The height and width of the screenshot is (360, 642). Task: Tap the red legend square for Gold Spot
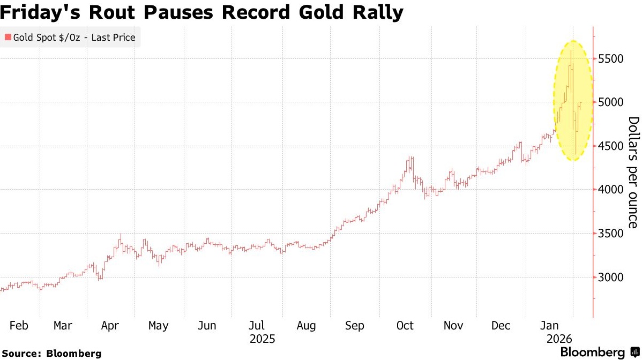8,37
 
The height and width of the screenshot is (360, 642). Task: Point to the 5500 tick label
611,58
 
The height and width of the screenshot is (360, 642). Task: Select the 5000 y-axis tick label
611,102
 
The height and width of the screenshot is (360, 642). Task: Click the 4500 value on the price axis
611,146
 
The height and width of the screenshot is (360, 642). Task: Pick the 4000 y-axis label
611,190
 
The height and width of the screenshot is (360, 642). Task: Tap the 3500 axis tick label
611,234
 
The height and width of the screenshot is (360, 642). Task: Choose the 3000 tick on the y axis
611,277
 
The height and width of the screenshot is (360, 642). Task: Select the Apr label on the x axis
110,326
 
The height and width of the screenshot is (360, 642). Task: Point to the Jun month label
207,326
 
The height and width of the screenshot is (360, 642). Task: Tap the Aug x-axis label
306,326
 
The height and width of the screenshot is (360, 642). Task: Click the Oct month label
405,326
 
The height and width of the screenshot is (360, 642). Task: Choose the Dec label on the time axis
502,326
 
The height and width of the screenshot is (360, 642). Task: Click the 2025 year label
263,339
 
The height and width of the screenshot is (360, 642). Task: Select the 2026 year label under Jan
559,339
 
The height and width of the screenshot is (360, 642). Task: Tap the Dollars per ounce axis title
633,172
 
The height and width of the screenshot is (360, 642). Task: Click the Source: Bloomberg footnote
51,354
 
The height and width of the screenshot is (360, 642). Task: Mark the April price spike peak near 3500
121,234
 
